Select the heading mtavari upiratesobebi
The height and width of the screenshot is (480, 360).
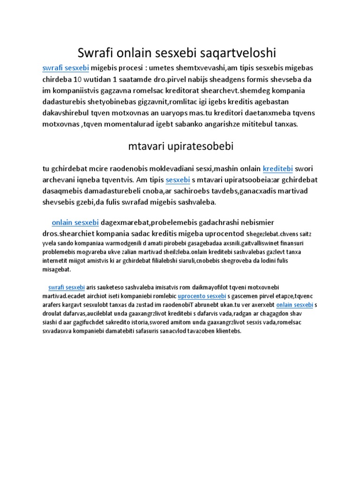pyautogui.click(x=181, y=146)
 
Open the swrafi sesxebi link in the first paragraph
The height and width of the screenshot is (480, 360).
pyautogui.click(x=66, y=67)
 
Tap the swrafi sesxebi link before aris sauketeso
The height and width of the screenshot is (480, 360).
pyautogui.click(x=66, y=287)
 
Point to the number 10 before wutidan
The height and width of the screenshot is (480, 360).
pyautogui.click(x=80, y=79)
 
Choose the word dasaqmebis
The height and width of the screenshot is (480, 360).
pyautogui.click(x=61, y=191)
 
